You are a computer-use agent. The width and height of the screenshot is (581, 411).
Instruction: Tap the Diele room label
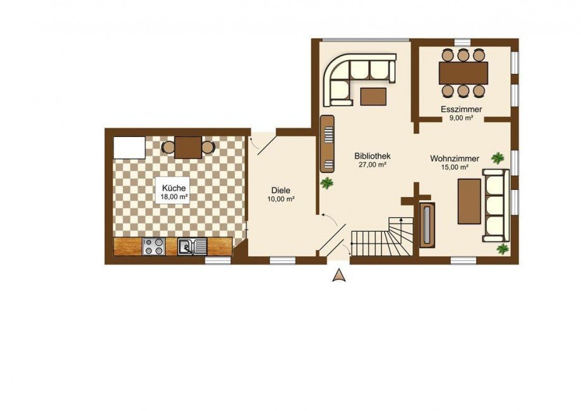pyautogui.click(x=281, y=191)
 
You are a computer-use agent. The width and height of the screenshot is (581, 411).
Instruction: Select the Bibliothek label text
pyautogui.click(x=373, y=156)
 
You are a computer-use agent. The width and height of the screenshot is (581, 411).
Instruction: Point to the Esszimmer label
pyautogui.click(x=461, y=110)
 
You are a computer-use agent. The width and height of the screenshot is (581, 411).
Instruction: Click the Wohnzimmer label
pyautogui.click(x=455, y=159)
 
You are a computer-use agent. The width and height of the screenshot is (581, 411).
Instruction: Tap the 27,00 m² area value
pyautogui.click(x=373, y=165)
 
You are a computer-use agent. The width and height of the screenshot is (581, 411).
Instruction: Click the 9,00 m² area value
pyautogui.click(x=461, y=119)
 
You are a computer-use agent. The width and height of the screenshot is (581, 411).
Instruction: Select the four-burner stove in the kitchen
pyautogui.click(x=153, y=246)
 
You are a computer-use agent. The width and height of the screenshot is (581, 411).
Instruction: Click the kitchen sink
pyautogui.click(x=193, y=247)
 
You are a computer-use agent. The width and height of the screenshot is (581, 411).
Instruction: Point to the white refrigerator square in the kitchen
pyautogui.click(x=129, y=148)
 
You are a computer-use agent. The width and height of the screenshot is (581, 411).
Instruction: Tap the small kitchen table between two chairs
pyautogui.click(x=188, y=147)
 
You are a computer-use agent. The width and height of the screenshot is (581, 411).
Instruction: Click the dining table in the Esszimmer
pyautogui.click(x=463, y=73)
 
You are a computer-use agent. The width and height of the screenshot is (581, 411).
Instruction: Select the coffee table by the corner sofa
pyautogui.click(x=373, y=96)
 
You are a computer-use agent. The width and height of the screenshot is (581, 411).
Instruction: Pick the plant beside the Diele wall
pyautogui.click(x=327, y=183)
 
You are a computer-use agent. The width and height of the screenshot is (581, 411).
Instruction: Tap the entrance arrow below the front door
pyautogui.click(x=338, y=276)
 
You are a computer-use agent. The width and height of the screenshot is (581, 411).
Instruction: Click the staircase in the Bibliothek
pyautogui.click(x=383, y=237)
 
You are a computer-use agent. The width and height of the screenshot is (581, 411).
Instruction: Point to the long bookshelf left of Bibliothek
pyautogui.click(x=328, y=144)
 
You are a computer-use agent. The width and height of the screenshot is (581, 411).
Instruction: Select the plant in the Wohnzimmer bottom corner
pyautogui.click(x=503, y=249)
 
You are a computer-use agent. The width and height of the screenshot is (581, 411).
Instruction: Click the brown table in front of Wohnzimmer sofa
pyautogui.click(x=469, y=201)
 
